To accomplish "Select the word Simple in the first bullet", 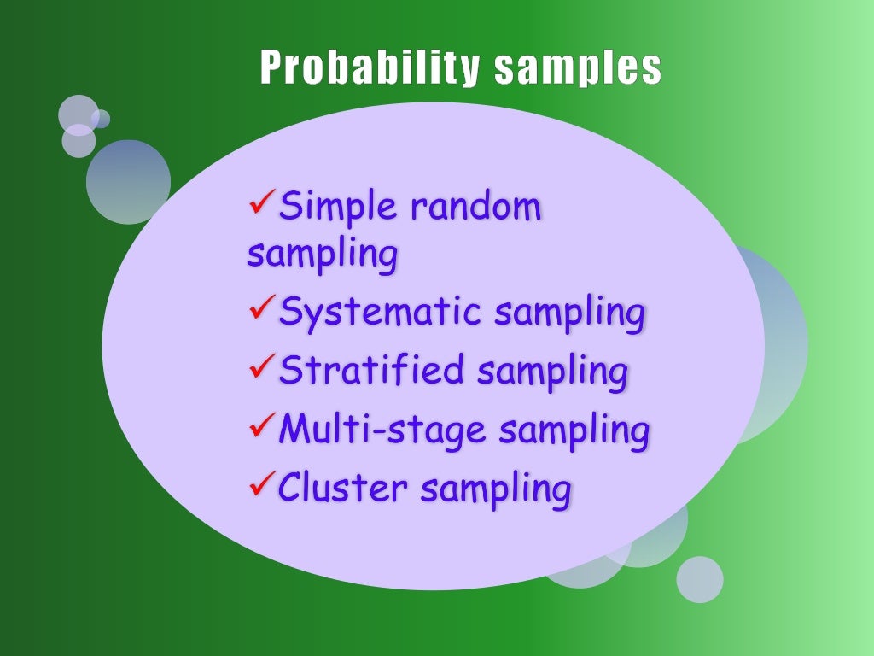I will [338, 207].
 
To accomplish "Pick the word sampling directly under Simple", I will [322, 255].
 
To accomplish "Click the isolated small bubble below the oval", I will [700, 579].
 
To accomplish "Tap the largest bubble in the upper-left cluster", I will [128, 182].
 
